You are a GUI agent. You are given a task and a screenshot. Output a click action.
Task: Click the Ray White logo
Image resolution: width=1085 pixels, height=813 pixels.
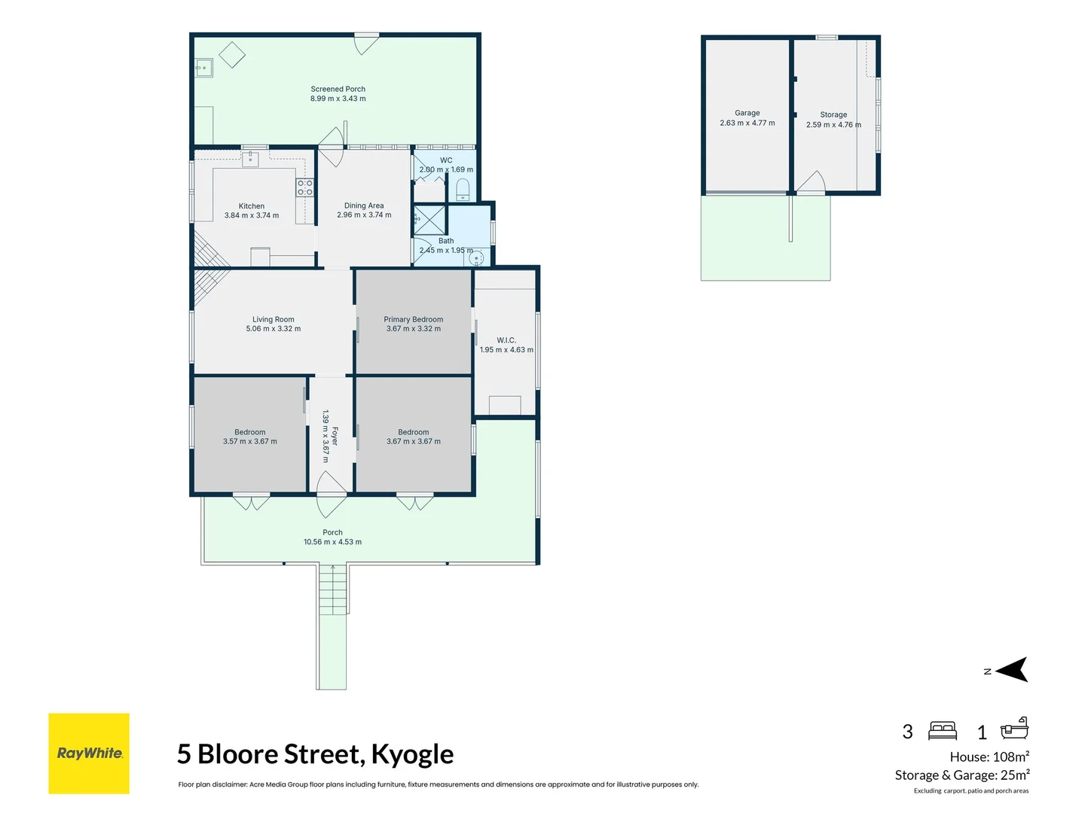point(89,754)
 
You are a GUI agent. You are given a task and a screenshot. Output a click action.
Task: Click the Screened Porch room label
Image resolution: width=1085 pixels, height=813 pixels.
point(338,89)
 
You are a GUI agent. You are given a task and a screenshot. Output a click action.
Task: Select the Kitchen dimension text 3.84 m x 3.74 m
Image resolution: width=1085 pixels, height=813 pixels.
point(251,215)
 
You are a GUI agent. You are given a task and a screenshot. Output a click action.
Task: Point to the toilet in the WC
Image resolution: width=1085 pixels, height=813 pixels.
point(463,189)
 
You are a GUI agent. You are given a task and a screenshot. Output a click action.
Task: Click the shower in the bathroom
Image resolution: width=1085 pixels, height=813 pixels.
point(429,220)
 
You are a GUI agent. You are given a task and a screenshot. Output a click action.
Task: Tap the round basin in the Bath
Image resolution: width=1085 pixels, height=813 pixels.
point(476,258)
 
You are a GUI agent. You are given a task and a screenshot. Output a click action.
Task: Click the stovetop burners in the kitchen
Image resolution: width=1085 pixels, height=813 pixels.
point(304,187)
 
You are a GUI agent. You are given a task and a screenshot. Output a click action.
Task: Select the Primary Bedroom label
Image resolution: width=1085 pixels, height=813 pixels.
point(413,319)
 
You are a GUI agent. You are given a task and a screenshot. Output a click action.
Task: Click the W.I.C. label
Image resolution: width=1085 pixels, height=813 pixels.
point(506,340)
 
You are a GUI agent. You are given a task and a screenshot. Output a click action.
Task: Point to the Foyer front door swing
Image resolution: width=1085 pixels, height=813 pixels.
point(330,494)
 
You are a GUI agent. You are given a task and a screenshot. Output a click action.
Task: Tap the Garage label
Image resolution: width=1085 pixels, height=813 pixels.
point(747,113)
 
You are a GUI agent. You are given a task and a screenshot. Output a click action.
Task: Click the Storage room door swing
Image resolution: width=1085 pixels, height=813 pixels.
point(812,183)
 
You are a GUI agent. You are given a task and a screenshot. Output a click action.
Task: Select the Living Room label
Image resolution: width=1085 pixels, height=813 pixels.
point(273,319)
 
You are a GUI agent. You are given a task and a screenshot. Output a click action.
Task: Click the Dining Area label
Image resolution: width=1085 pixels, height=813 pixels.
point(364,206)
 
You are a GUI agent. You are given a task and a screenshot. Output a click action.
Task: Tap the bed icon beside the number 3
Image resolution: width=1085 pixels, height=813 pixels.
point(943,730)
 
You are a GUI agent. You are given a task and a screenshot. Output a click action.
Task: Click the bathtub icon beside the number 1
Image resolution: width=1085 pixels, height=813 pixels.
point(1014,729)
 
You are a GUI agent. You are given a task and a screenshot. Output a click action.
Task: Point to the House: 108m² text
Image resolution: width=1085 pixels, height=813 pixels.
point(989,757)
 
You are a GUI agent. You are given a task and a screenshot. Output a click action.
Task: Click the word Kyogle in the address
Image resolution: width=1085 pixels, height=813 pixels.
point(412,754)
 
